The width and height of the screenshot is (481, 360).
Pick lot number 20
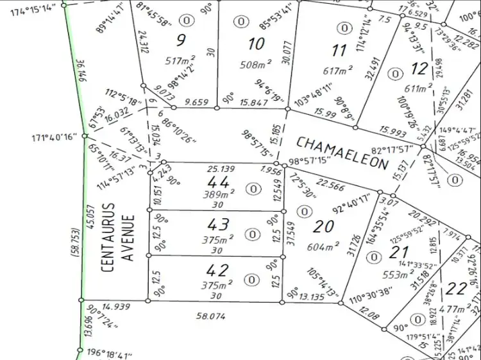324,226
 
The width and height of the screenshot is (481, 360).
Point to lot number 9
181,40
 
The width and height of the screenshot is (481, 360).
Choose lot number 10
256,44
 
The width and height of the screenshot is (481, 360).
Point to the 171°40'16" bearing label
54,137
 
